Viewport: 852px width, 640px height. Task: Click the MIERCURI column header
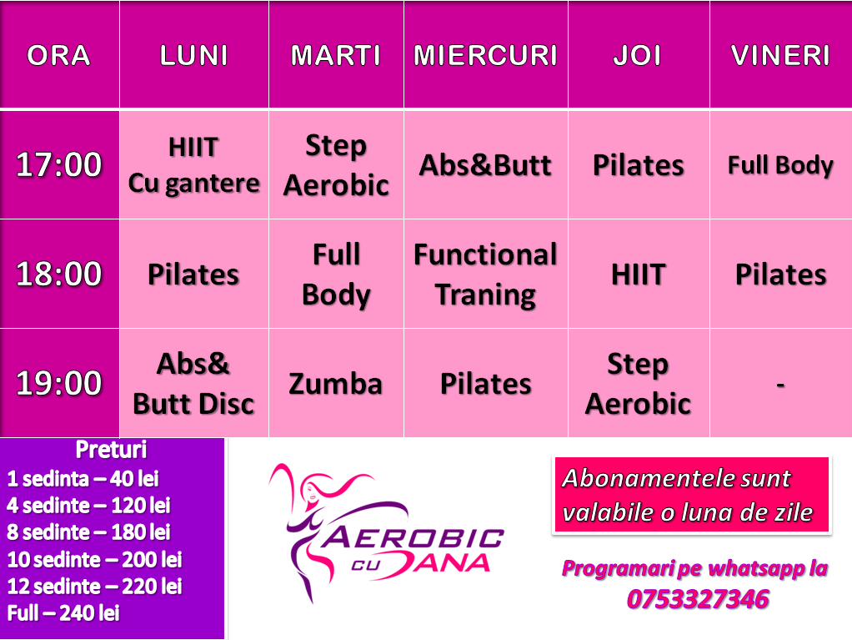(x=486, y=55)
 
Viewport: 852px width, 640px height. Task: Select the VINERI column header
(x=780, y=55)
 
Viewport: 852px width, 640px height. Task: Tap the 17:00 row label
(x=58, y=164)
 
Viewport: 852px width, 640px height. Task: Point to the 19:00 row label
(x=58, y=383)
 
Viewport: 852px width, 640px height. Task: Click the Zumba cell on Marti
(x=336, y=384)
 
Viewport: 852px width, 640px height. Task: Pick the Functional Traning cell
(x=486, y=275)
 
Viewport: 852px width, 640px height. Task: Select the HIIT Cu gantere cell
(x=194, y=165)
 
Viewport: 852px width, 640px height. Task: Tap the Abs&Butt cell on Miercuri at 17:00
(x=485, y=165)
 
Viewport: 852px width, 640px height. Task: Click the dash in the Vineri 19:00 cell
(x=780, y=385)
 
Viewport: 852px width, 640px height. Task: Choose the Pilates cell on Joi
(x=639, y=165)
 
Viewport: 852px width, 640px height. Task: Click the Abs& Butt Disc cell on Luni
(x=193, y=384)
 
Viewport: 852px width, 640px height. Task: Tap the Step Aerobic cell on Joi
(x=638, y=384)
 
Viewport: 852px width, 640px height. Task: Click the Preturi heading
(x=112, y=450)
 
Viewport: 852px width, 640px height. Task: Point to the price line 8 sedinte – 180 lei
(x=88, y=532)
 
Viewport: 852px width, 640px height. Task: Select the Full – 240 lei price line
(x=63, y=612)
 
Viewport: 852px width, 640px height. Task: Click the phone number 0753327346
(x=698, y=599)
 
